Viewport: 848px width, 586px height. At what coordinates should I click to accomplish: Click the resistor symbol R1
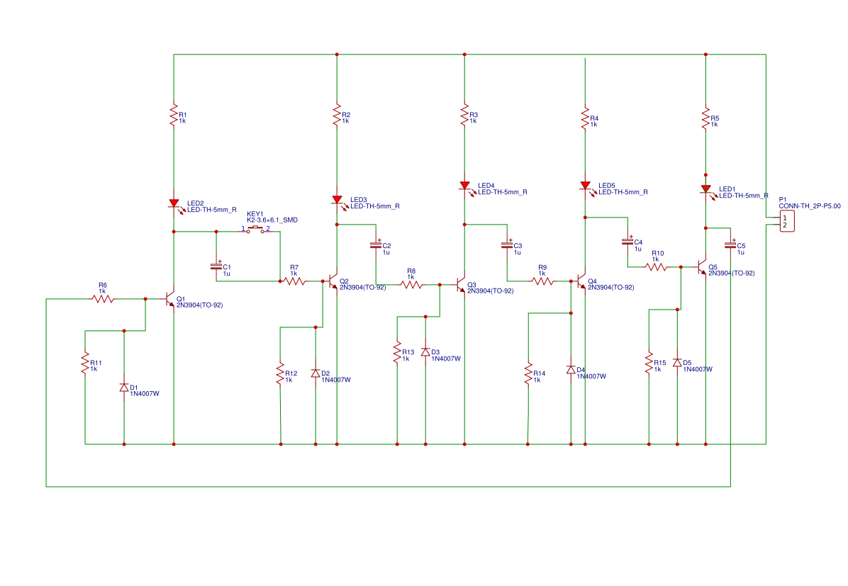174,115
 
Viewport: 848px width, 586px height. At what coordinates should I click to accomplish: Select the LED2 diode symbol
174,203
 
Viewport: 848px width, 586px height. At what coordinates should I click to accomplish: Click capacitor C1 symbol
216,266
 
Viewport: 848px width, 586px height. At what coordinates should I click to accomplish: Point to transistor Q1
170,298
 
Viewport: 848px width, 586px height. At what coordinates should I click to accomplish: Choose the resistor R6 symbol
103,299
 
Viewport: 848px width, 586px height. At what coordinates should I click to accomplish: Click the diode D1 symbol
124,388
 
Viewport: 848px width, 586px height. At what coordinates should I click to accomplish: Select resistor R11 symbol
85,363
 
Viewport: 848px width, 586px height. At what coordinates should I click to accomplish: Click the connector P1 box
787,221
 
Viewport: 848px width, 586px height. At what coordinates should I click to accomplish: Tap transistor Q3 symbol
461,285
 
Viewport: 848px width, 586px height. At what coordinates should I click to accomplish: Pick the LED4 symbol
464,186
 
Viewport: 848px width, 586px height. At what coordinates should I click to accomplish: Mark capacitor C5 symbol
730,245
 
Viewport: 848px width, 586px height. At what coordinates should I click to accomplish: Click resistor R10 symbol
657,267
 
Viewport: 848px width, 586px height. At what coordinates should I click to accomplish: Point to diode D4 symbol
571,370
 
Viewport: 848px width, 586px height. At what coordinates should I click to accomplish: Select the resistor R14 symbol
528,373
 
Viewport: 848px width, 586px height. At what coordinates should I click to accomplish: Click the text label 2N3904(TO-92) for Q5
731,273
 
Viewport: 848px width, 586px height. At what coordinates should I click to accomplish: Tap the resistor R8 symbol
411,285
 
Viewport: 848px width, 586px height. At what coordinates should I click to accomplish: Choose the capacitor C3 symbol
507,245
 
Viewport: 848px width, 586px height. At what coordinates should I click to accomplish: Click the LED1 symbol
705,189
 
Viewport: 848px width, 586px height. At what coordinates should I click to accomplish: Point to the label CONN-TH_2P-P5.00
810,206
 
